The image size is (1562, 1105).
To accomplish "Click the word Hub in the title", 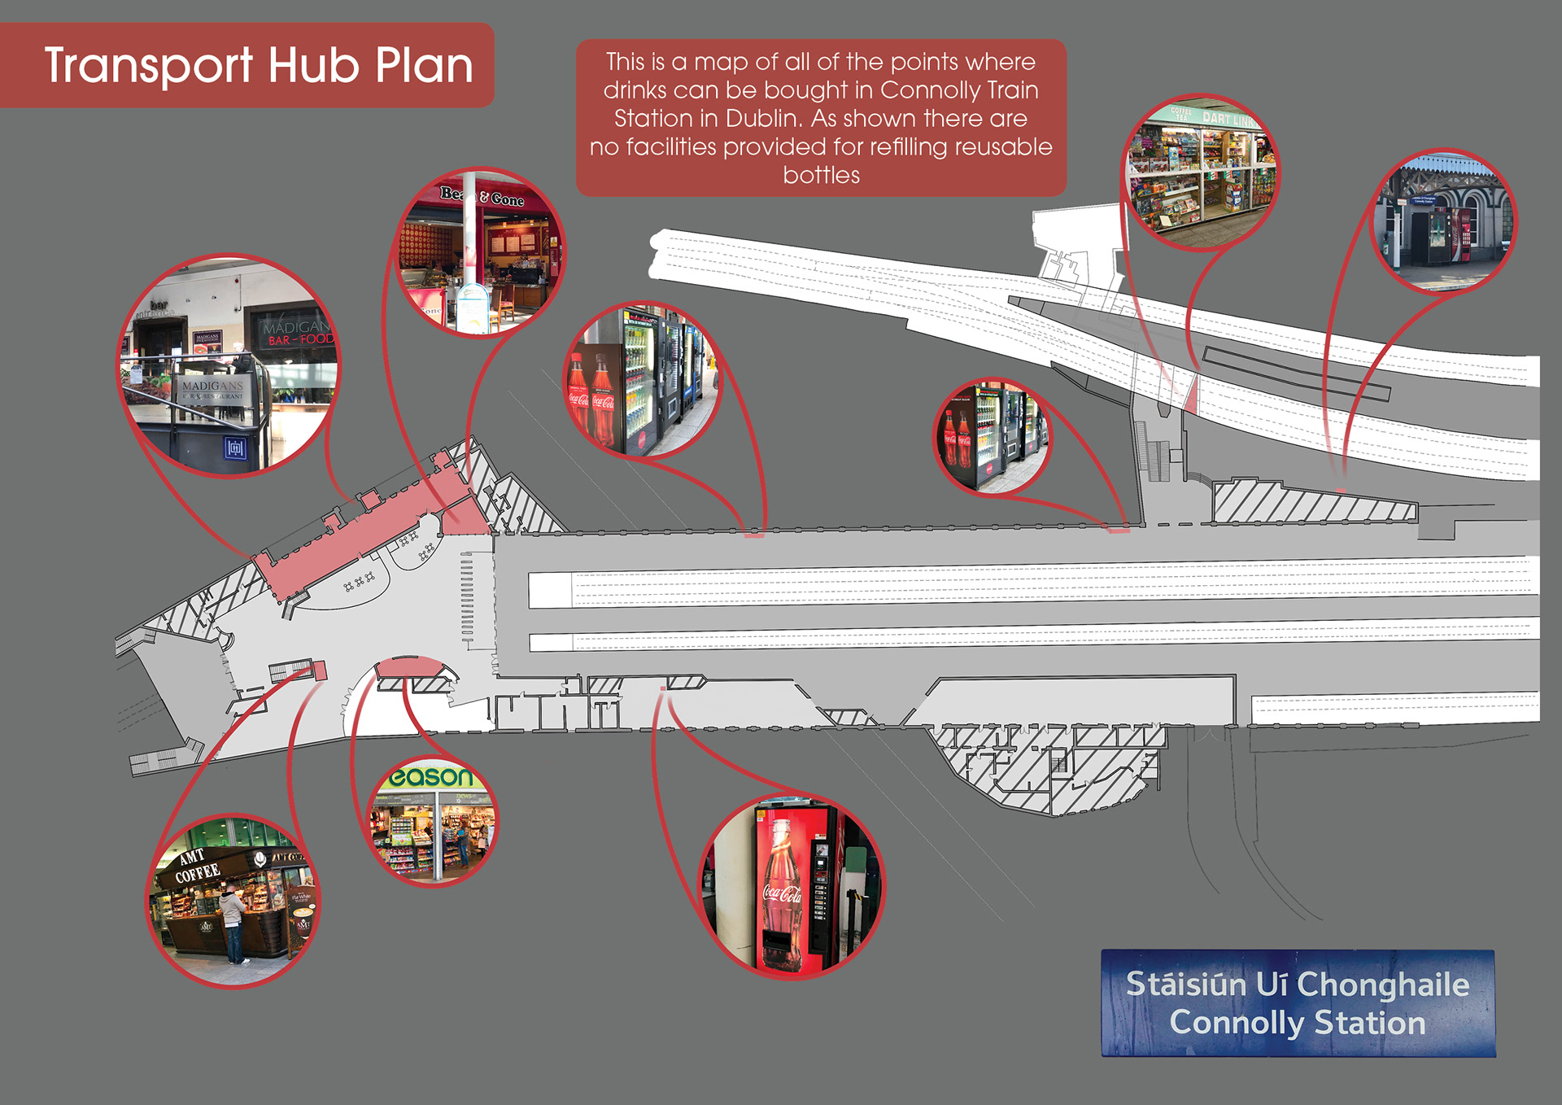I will [x=313, y=65].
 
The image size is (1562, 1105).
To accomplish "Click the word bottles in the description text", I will [x=821, y=175].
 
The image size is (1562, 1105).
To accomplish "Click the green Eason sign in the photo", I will [x=430, y=777].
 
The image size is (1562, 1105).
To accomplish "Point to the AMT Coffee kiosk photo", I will [x=233, y=902].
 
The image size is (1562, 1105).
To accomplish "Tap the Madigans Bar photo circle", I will [x=229, y=365].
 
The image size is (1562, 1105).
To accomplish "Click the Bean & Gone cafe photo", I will [x=480, y=251].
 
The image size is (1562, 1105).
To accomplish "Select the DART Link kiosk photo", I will [x=1200, y=173].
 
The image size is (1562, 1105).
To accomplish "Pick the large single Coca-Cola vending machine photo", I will [x=792, y=887].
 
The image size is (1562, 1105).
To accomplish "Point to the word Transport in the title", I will [x=149, y=65].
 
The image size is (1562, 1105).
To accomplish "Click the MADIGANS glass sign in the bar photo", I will [x=213, y=387].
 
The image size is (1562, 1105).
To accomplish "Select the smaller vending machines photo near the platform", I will [x=992, y=436].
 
